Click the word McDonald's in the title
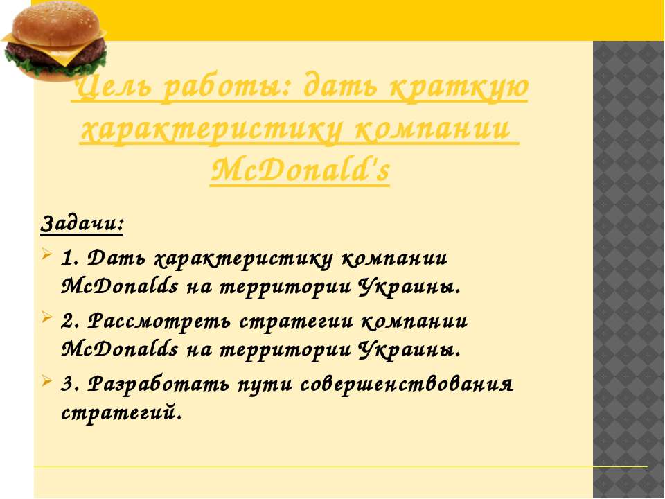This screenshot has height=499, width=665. coord(300,170)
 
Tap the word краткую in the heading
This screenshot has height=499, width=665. coord(459,88)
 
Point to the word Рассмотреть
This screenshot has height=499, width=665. coord(159,321)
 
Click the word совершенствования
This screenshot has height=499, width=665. coord(407,384)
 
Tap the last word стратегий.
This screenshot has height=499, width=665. coord(122,412)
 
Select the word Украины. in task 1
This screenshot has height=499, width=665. coord(409,287)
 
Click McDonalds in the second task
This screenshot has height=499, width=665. coord(120,349)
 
